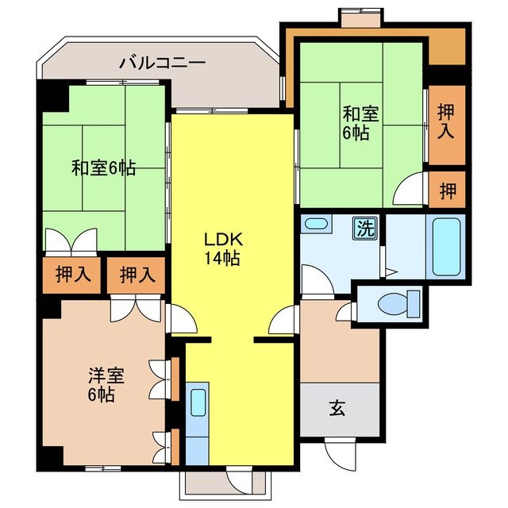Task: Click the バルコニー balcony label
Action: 163,61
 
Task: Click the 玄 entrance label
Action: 337,409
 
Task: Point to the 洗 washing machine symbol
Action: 364,229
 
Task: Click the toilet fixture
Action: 398,302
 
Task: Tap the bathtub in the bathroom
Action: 446,245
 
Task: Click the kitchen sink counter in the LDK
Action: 197,413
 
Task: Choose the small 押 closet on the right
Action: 447,190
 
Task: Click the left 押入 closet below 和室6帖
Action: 72,275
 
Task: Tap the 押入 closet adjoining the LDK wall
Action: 137,275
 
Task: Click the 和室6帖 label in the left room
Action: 102,168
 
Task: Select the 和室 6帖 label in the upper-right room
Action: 356,122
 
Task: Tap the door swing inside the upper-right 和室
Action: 411,190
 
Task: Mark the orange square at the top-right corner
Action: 446,48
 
